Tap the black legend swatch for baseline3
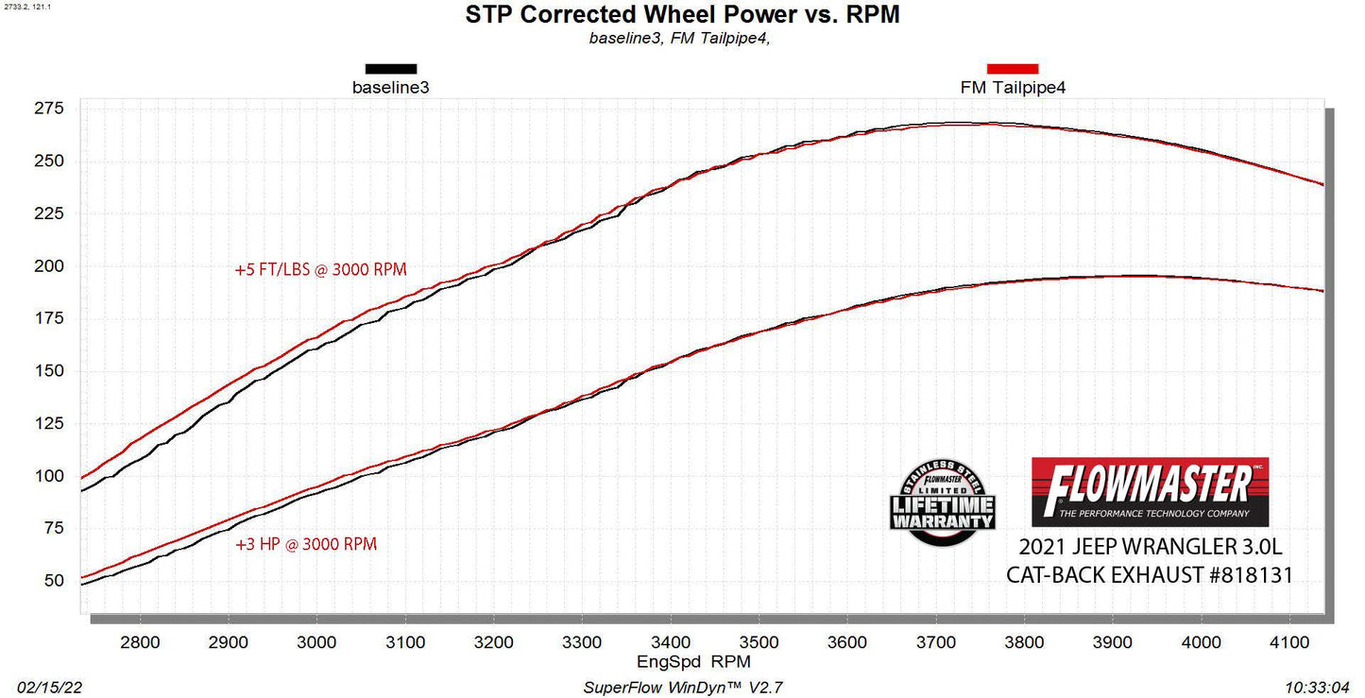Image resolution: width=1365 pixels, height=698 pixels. [x=391, y=69]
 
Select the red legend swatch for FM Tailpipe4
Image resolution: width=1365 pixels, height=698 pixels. [x=1013, y=69]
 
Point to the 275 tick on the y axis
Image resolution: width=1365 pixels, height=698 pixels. [x=50, y=109]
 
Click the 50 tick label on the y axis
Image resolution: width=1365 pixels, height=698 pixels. [x=54, y=581]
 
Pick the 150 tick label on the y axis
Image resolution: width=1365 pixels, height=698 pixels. [x=50, y=371]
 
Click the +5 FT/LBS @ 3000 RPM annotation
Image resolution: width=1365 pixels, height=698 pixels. [x=321, y=269]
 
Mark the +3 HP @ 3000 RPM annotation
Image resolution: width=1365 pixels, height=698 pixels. [x=306, y=544]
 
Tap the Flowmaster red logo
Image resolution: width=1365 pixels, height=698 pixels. [x=1150, y=491]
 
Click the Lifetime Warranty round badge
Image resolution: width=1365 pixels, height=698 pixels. [x=941, y=502]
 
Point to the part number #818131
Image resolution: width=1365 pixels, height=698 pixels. [x=1242, y=575]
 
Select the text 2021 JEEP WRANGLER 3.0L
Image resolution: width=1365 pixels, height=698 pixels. [x=1150, y=548]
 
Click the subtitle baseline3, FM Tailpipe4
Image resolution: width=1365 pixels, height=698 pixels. [x=683, y=39]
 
